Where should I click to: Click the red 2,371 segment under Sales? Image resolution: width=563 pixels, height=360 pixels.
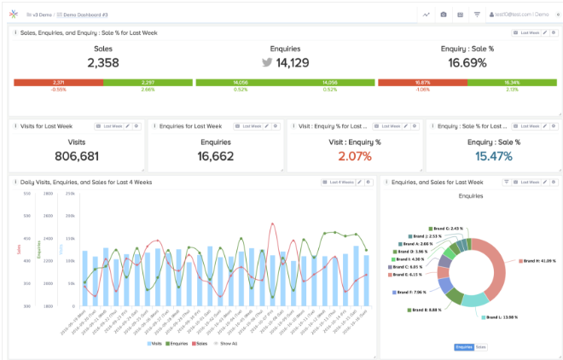pos(58,82)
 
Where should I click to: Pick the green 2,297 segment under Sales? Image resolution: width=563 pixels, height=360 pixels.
pos(148,82)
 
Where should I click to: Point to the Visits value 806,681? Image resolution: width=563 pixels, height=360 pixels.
pos(76,156)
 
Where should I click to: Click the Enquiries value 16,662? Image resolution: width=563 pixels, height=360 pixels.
pos(215,156)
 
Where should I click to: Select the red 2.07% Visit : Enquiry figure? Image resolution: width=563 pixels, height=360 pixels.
pos(355,156)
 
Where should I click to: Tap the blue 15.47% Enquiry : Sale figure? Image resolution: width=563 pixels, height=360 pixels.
pos(494,156)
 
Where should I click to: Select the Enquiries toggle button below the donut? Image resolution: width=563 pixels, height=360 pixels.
pos(463,347)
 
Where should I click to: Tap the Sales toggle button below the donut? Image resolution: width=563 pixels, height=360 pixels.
pos(481,347)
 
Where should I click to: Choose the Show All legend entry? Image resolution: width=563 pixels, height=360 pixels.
pos(228,344)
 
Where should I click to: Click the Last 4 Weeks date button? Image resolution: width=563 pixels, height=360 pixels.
pos(338,182)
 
